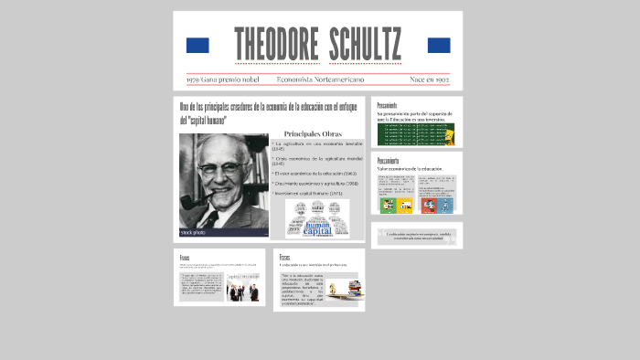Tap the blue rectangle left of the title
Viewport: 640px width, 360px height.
(197, 45)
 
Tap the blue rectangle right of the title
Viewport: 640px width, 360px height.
(439, 45)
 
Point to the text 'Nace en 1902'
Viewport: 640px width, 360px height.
(429, 80)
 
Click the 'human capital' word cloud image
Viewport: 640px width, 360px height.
(317, 219)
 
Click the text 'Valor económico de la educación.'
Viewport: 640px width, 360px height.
(410, 169)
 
